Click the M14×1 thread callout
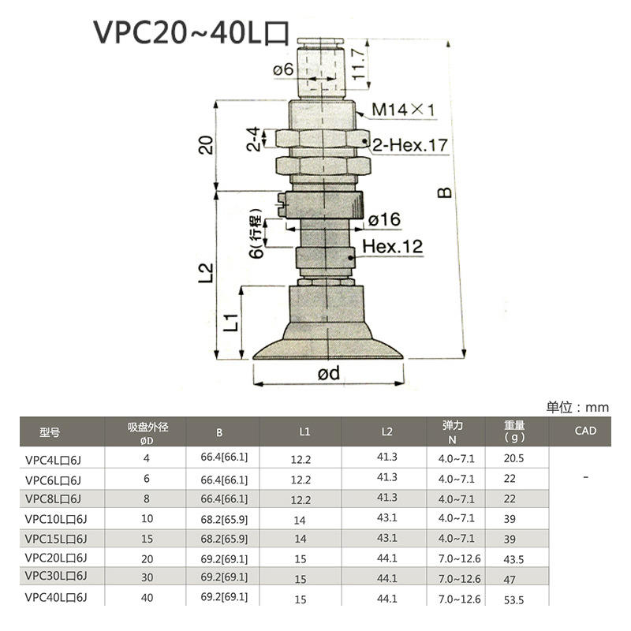[404, 110]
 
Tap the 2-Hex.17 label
[410, 145]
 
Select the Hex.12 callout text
[392, 246]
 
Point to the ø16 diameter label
[384, 220]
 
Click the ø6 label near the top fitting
[283, 69]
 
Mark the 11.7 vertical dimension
[358, 64]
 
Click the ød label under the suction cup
[328, 373]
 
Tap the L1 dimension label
[231, 322]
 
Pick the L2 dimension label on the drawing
[206, 272]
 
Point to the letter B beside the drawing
[444, 192]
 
